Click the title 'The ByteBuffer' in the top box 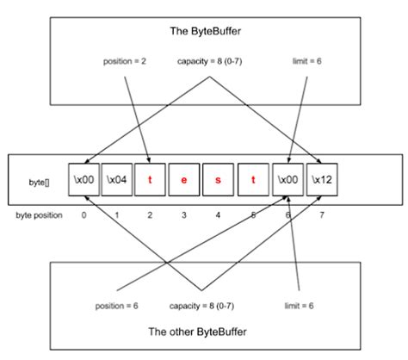(x=204, y=31)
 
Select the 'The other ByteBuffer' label (x=204, y=331)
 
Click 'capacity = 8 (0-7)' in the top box (x=208, y=62)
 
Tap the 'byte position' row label (x=38, y=214)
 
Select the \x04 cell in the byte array (x=117, y=180)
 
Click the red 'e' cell (x=184, y=180)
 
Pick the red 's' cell (x=218, y=180)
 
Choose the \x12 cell (x=320, y=180)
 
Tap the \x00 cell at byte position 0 (x=83, y=180)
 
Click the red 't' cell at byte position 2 (x=151, y=180)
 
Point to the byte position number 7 (x=320, y=214)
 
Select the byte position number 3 (x=184, y=214)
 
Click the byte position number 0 (x=83, y=214)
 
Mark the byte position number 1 (x=117, y=214)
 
